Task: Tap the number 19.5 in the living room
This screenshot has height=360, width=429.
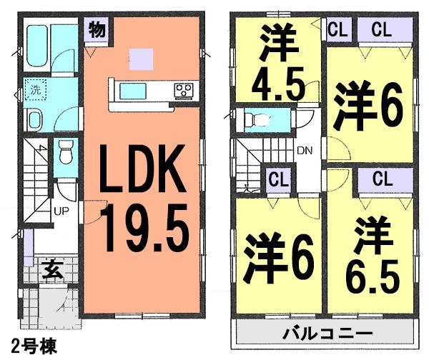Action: (x=144, y=224)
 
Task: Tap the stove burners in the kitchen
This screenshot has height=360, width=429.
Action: (x=184, y=90)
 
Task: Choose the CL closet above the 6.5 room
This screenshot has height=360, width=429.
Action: (x=380, y=177)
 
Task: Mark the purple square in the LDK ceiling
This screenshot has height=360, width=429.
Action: (x=142, y=57)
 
